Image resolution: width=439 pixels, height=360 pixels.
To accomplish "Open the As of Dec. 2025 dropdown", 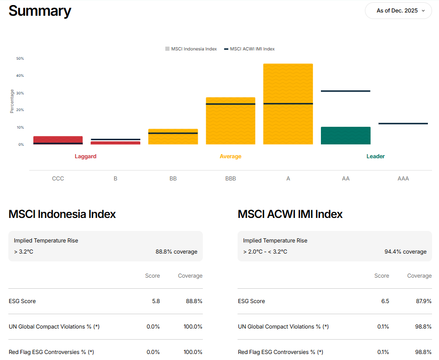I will pos(398,11).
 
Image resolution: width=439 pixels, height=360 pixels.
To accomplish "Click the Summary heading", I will pos(40,11).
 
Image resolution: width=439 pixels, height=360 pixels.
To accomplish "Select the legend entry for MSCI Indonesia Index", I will pos(191,49).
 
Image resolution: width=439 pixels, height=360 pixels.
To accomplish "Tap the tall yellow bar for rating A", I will pos(288,83).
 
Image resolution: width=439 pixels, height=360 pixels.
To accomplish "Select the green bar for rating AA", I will pos(345,136).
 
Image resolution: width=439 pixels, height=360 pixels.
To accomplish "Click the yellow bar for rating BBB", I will pos(230,123).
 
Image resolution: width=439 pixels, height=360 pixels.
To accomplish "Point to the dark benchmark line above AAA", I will pos(403,124).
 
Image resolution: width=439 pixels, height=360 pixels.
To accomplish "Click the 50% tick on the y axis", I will pos(20,59).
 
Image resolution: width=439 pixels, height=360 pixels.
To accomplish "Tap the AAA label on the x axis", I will pos(403,179).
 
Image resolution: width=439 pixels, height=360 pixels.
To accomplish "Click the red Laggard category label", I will pos(86,156).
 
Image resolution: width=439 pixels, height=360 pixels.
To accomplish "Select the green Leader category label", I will pos(376,156).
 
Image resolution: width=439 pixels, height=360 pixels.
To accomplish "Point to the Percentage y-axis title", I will pos(12,101).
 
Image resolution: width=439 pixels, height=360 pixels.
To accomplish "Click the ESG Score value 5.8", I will pos(156,301).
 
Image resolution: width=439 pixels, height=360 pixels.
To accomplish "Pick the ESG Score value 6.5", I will pos(385,301).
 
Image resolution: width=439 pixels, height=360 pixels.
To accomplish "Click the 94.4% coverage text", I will pos(405,252).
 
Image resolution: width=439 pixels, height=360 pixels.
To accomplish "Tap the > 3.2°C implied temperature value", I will pos(24,252).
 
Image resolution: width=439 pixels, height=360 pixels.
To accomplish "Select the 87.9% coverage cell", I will pos(423,301).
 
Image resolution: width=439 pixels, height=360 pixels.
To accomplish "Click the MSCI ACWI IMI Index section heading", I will pos(290,214).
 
